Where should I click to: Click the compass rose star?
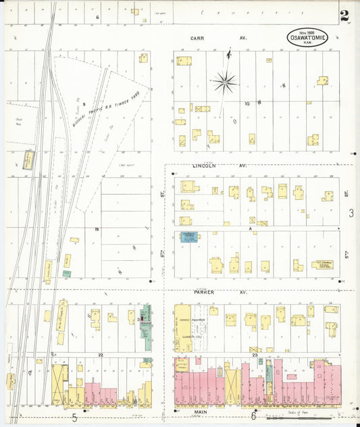click(224, 83)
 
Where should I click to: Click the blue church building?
click(188, 237)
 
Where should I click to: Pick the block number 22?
click(99, 355)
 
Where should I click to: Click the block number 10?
click(247, 103)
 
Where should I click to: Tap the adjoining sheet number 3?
click(351, 214)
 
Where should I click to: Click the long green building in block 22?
click(146, 327)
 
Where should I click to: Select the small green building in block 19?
click(67, 274)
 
